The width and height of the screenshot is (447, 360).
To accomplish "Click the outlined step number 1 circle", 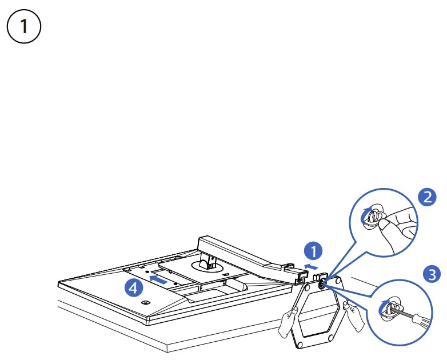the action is (x=23, y=29).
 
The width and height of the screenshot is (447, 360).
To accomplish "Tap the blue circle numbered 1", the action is (x=313, y=250).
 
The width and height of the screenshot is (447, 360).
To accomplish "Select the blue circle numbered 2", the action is (x=426, y=198).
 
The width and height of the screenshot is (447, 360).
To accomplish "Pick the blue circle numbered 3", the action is (x=432, y=273).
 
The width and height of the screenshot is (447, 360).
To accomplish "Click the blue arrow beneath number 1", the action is (x=313, y=266).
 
